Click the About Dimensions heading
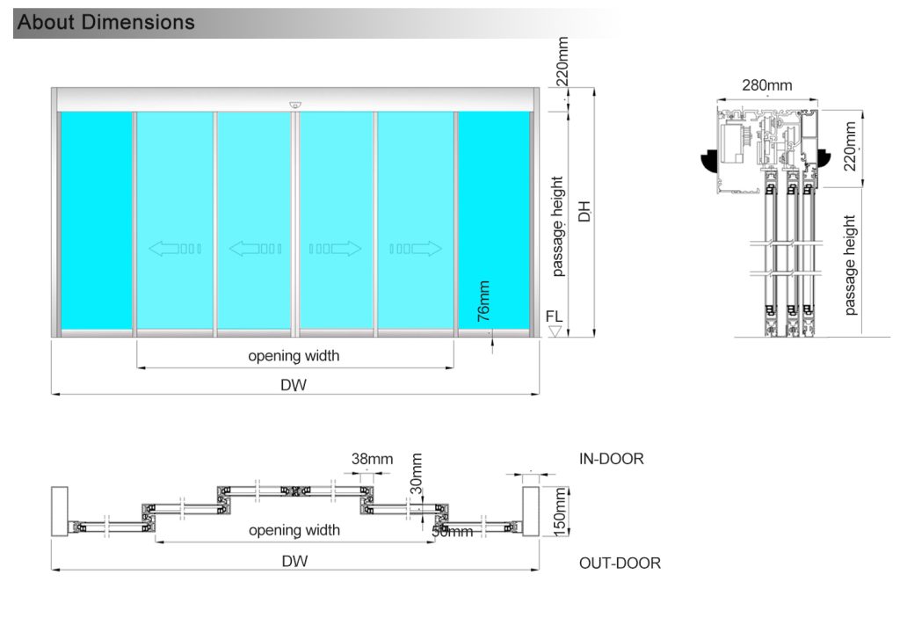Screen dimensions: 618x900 (x=106, y=22)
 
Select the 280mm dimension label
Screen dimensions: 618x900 (x=766, y=85)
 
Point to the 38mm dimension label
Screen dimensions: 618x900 (x=372, y=459)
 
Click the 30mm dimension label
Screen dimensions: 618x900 (x=417, y=473)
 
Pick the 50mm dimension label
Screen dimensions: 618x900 (x=452, y=531)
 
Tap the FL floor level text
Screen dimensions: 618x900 (x=554, y=315)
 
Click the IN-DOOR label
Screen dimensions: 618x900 (x=611, y=459)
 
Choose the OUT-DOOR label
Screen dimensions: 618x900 (x=620, y=563)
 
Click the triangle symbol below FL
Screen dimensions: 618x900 (x=554, y=331)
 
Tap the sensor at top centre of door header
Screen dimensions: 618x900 (x=294, y=105)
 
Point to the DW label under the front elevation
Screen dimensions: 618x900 (x=294, y=384)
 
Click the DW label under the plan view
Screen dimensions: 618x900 (x=294, y=561)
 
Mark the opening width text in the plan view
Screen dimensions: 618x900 (x=294, y=530)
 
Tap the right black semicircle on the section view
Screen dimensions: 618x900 (x=825, y=158)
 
